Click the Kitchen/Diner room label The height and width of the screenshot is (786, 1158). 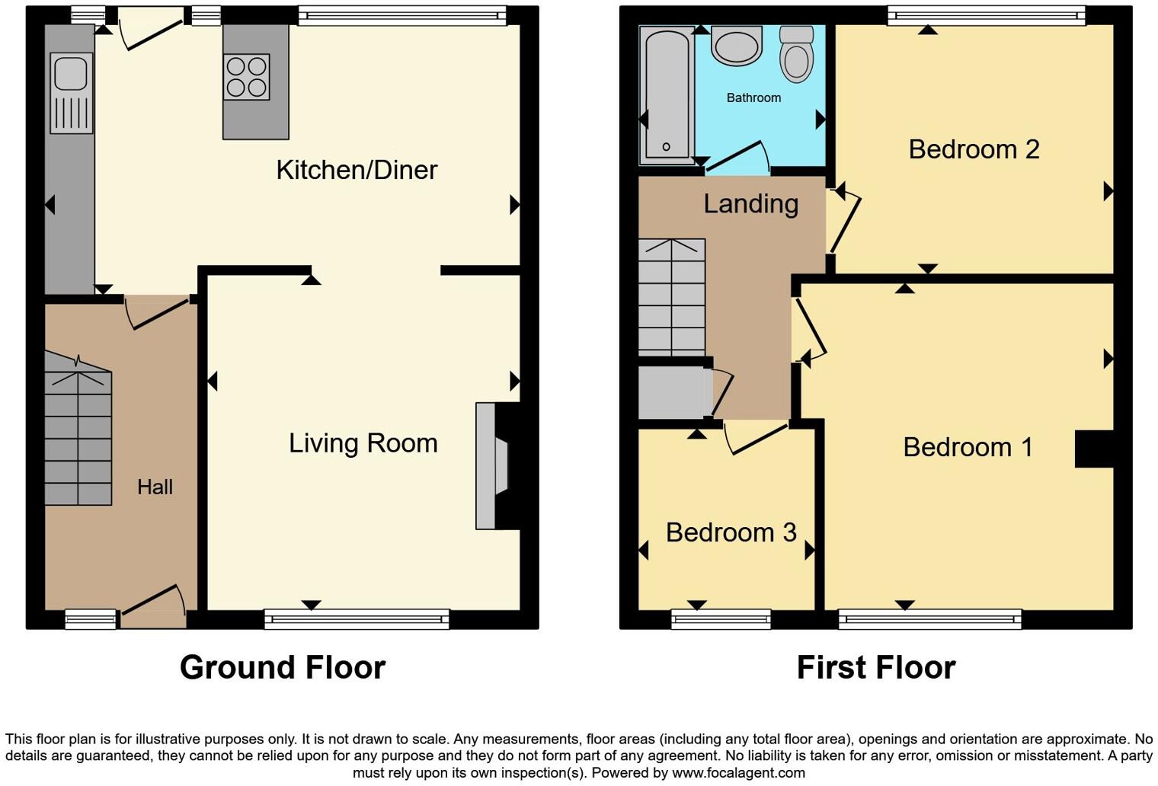(x=357, y=170)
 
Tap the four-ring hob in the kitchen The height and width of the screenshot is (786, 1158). (x=247, y=77)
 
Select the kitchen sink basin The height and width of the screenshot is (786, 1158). (x=71, y=73)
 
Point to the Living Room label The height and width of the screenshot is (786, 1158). (x=363, y=443)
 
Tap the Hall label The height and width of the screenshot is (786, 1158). (x=155, y=487)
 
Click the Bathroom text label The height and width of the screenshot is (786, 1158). (x=753, y=98)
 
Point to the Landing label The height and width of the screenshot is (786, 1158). (x=750, y=204)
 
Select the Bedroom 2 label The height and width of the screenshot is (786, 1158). (x=974, y=149)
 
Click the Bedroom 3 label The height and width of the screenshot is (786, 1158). (x=731, y=532)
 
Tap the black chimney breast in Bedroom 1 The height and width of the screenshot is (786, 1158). (x=1094, y=449)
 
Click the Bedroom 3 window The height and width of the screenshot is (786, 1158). (x=721, y=619)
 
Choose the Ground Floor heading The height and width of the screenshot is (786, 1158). (x=283, y=667)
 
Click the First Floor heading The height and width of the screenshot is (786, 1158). (x=875, y=667)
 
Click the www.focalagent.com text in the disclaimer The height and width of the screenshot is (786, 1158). (x=738, y=773)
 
